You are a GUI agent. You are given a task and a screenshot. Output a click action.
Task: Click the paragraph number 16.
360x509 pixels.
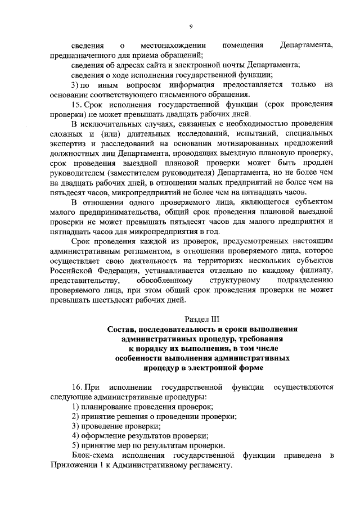[78, 388]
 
